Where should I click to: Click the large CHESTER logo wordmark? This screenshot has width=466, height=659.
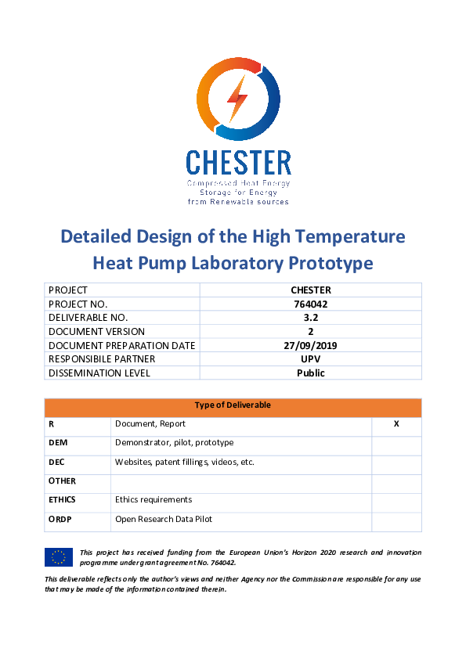(238, 163)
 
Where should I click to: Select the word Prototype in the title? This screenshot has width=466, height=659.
(327, 263)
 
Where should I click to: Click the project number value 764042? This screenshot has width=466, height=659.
(311, 304)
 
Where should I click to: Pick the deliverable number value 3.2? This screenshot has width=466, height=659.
(311, 318)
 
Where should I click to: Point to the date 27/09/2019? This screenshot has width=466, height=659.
(311, 345)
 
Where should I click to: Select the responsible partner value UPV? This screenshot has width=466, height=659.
(311, 359)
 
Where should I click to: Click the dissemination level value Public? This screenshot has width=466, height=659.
(311, 373)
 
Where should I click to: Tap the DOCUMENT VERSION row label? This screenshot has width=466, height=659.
(96, 332)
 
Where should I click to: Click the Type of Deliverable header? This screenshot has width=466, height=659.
(233, 405)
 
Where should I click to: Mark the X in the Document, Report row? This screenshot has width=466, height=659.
(396, 423)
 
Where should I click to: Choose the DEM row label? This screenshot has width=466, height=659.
(58, 442)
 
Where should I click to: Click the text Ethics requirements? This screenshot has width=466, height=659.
(154, 499)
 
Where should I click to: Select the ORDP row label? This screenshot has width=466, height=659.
(60, 518)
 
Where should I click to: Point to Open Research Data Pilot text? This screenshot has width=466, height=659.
(164, 518)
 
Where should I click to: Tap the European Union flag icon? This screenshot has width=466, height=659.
(59, 557)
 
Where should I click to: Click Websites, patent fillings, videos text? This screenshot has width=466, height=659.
(185, 462)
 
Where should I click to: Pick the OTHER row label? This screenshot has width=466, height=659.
(62, 481)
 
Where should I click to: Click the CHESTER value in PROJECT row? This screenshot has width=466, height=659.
(311, 290)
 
